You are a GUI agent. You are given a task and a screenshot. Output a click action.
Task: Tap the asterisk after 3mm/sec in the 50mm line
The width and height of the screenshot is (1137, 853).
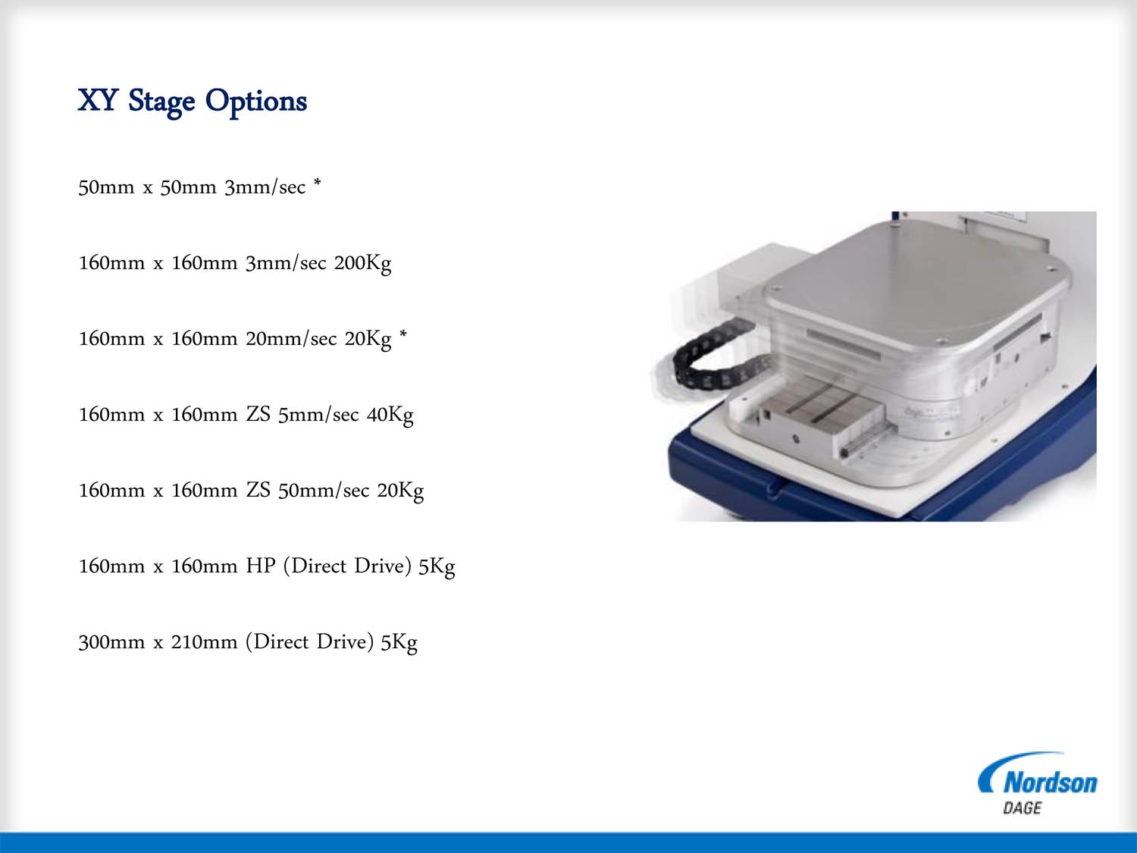coord(317,182)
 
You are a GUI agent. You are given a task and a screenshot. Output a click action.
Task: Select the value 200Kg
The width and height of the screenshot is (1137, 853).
coord(362,264)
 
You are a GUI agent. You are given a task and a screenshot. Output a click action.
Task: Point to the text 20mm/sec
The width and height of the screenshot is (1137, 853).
coord(290,339)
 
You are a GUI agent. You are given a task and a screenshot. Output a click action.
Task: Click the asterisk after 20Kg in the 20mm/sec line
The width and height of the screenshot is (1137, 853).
coord(403,334)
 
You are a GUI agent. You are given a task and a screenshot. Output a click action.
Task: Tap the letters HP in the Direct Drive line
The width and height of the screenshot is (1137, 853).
coord(260,566)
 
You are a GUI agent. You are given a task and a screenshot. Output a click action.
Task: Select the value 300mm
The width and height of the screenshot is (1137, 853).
coord(111,642)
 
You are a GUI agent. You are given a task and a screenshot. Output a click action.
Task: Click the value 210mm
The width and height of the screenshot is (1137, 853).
coord(204,642)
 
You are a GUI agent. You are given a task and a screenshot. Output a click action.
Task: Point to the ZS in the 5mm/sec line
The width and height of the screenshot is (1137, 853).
coord(258,415)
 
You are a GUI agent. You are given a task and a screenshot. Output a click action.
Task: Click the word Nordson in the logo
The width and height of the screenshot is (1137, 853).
coord(1050,782)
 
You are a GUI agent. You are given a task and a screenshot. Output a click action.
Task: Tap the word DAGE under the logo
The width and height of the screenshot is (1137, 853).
coord(1022,808)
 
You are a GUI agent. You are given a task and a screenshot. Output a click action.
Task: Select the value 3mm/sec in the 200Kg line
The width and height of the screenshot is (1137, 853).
coord(286,263)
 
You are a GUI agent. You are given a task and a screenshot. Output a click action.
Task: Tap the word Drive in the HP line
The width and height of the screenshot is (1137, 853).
coord(382,566)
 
